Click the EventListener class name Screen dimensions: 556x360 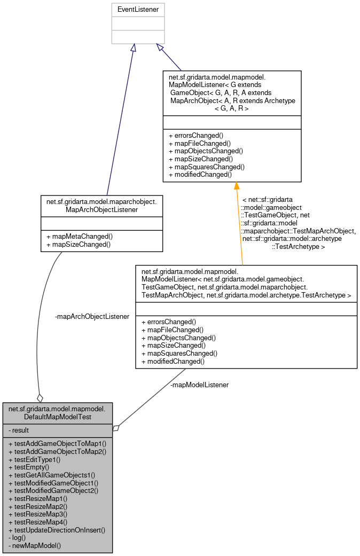[138, 10]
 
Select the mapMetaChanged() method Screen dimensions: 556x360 [80, 237]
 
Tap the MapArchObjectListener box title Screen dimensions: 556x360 [101, 206]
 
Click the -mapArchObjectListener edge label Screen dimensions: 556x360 [92, 317]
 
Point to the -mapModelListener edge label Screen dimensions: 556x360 [199, 385]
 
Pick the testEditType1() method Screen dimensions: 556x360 [35, 459]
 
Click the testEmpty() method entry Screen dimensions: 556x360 [32, 467]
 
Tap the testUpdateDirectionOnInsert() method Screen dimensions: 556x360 [57, 530]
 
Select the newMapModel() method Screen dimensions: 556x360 [35, 545]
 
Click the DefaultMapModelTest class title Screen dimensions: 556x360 [57, 412]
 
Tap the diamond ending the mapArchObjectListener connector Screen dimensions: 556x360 [39, 398]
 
